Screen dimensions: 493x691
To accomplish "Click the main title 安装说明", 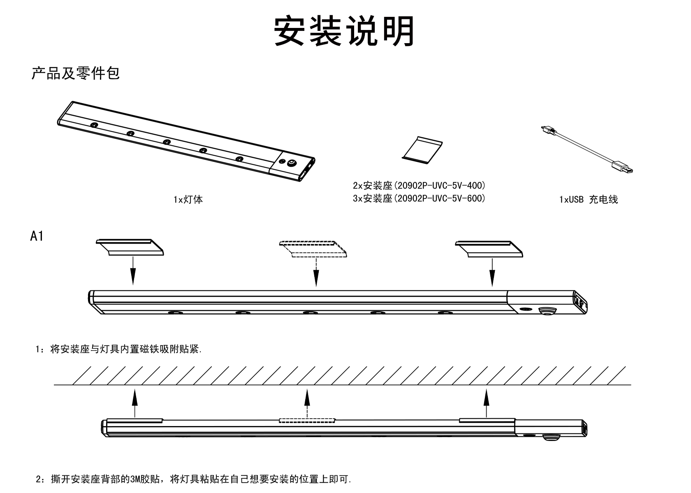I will (345, 31).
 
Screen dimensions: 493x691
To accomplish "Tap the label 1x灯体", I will (188, 200).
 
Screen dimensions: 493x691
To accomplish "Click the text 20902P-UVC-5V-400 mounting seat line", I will (419, 185).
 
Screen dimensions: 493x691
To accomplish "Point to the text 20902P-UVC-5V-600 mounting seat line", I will (419, 198).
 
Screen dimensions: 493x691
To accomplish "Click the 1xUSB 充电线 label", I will (589, 200).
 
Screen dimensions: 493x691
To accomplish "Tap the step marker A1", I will (37, 236).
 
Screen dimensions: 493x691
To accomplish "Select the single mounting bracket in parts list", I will (422, 150).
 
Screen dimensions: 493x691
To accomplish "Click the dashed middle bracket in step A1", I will (313, 249).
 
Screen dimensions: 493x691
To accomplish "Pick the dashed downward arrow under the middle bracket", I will (316, 272).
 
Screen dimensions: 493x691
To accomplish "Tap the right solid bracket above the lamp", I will (489, 249).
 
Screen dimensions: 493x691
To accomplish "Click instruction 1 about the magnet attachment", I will (119, 350).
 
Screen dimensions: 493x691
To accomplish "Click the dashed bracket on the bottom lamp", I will (306, 420).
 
